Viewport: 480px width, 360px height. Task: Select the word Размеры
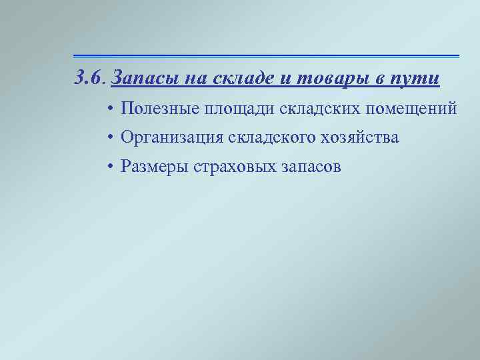pos(153,167)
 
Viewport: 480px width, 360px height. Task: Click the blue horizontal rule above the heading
pos(267,55)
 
